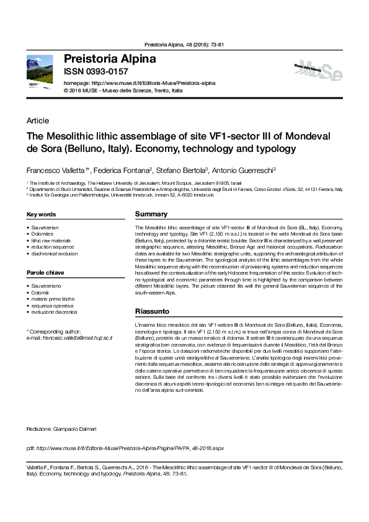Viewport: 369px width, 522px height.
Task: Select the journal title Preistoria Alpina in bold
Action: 110,60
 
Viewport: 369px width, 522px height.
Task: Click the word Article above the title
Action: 38,121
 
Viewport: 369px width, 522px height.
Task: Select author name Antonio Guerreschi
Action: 247,169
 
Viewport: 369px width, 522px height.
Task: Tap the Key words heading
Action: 41,215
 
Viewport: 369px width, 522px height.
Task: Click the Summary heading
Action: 151,215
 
